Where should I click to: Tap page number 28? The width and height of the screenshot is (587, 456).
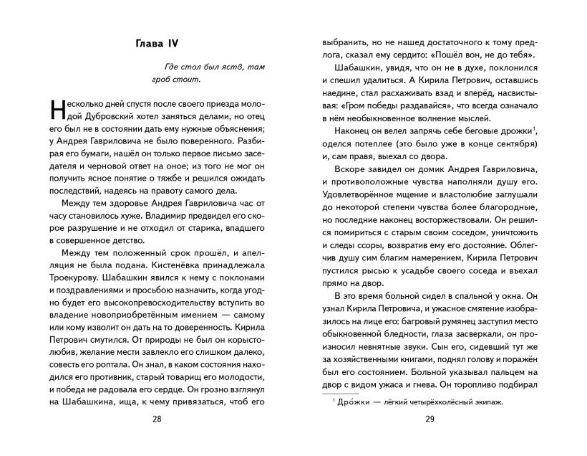click(x=157, y=419)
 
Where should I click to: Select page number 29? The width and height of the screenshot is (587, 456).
click(x=430, y=419)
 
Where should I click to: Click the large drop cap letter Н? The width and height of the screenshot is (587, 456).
click(x=61, y=108)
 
